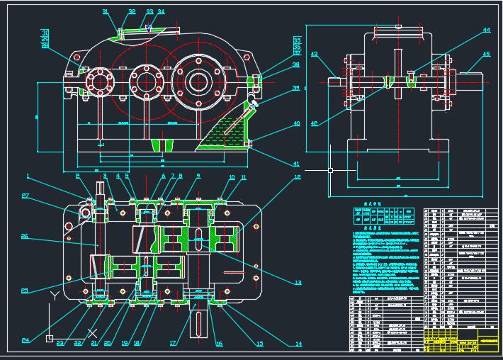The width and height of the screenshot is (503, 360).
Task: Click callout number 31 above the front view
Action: tap(106, 12)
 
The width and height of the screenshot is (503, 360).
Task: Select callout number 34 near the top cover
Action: tap(161, 12)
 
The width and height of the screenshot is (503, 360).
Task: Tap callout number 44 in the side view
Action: tap(485, 30)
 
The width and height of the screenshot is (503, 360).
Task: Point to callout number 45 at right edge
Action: tap(486, 54)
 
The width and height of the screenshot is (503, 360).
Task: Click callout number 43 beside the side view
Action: tap(315, 55)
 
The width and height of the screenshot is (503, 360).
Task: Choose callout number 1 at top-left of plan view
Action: tap(28, 176)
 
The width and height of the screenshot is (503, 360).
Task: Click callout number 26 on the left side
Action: tap(24, 236)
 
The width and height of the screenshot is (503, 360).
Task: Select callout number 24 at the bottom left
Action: tap(26, 341)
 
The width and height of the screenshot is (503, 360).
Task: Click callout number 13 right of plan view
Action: tap(298, 282)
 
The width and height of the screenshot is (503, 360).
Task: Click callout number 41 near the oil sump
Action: tap(296, 164)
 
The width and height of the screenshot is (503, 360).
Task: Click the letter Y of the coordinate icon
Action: tap(54, 293)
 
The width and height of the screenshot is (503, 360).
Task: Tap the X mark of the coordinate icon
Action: tap(91, 332)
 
